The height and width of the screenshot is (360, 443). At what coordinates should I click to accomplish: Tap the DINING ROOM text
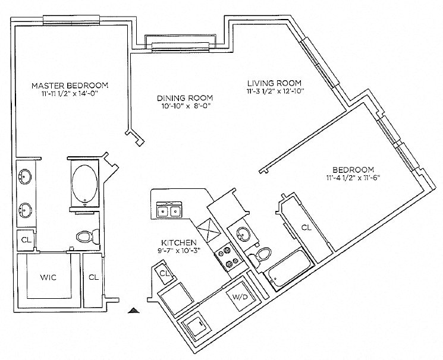[184, 98]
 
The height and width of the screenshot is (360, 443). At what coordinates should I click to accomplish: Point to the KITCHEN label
[175, 242]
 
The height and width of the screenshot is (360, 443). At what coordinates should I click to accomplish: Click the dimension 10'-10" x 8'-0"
[184, 106]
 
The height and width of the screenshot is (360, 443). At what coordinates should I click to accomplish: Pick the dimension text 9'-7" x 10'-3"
[175, 250]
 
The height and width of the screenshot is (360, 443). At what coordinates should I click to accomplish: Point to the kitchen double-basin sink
[169, 210]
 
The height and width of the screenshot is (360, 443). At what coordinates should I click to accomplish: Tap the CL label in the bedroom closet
[306, 228]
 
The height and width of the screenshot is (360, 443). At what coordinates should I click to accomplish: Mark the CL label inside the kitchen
[166, 273]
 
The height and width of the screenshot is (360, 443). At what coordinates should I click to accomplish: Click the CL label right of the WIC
[93, 277]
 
